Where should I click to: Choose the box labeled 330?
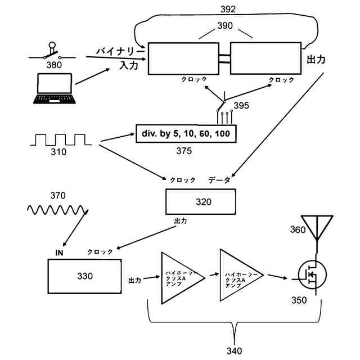(84, 275)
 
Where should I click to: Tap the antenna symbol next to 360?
(316, 227)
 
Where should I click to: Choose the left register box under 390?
(182, 59)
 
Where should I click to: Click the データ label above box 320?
(219, 180)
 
